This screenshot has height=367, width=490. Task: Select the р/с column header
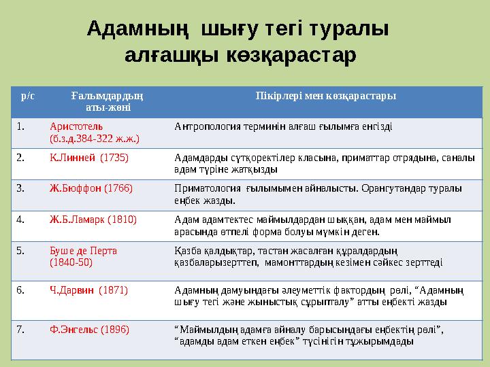(x=28, y=96)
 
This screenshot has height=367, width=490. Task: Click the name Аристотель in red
(x=76, y=126)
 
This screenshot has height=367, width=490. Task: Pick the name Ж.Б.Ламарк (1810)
(x=93, y=220)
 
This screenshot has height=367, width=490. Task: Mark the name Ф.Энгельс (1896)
(x=89, y=330)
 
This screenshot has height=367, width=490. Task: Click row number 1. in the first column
(x=21, y=126)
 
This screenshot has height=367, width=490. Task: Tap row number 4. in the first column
(x=21, y=220)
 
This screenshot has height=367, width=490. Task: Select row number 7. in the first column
(x=21, y=330)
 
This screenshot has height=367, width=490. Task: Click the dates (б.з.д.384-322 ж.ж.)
(x=95, y=138)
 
